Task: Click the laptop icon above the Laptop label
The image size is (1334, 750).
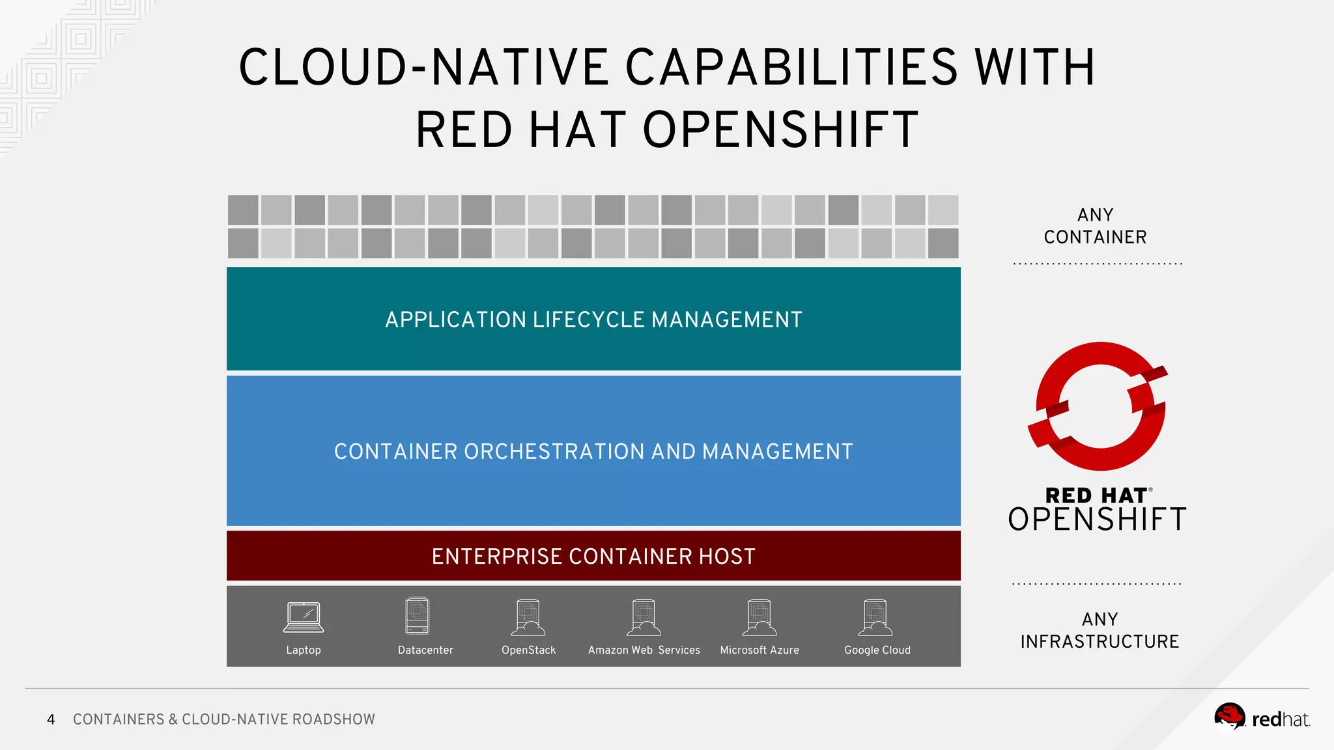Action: (304, 617)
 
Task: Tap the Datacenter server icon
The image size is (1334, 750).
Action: (417, 616)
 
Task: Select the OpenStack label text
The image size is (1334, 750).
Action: (528, 650)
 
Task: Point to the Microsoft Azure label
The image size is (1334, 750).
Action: (759, 650)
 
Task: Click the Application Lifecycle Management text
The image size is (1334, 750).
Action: (593, 320)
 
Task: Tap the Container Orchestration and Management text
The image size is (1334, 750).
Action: (593, 451)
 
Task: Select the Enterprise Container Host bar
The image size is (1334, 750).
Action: (593, 556)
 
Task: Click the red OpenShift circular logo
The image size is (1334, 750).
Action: (1100, 407)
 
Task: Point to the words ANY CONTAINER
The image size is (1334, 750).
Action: (1095, 226)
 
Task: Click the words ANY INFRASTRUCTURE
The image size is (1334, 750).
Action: (1100, 630)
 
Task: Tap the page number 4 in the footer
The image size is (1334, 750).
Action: (51, 719)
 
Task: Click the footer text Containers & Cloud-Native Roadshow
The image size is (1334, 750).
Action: (223, 719)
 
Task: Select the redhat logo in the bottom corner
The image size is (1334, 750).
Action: (1262, 718)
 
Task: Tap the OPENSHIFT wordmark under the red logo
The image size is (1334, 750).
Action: (1097, 520)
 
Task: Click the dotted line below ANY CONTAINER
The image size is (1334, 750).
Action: (1098, 264)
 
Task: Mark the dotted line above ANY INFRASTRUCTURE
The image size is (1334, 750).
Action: (1097, 584)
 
